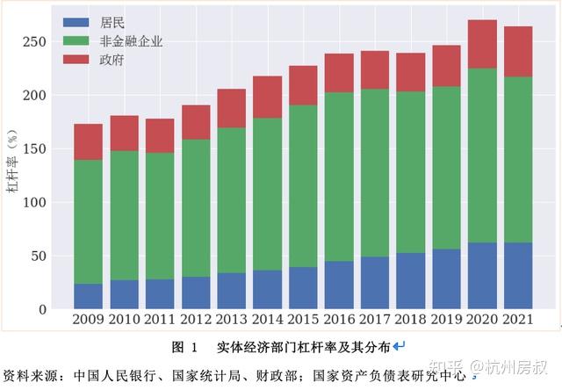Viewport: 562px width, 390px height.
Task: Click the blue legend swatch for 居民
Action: click(77, 22)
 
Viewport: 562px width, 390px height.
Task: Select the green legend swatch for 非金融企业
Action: click(77, 41)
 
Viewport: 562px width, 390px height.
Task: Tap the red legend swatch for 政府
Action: click(77, 61)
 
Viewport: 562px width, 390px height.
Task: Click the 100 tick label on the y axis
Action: click(33, 202)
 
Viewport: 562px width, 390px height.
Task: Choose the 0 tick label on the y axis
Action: click(41, 310)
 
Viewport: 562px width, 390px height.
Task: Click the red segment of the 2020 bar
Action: click(482, 44)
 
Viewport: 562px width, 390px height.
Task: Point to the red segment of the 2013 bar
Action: click(231, 108)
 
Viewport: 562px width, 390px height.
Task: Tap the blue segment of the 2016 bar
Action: click(339, 285)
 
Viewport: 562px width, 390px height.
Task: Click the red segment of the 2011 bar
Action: click(160, 135)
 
